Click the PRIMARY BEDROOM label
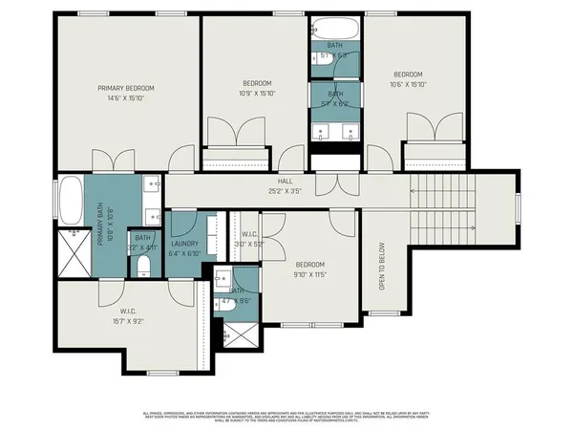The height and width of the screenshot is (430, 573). (125, 88)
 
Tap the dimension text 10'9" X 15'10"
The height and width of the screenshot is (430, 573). (255, 94)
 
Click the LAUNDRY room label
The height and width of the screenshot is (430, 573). (183, 245)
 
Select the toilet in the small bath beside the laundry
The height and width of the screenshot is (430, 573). (143, 263)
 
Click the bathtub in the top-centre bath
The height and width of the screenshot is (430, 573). (334, 28)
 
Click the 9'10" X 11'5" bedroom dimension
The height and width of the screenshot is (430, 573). (310, 274)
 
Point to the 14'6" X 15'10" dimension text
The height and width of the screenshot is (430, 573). (125, 97)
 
